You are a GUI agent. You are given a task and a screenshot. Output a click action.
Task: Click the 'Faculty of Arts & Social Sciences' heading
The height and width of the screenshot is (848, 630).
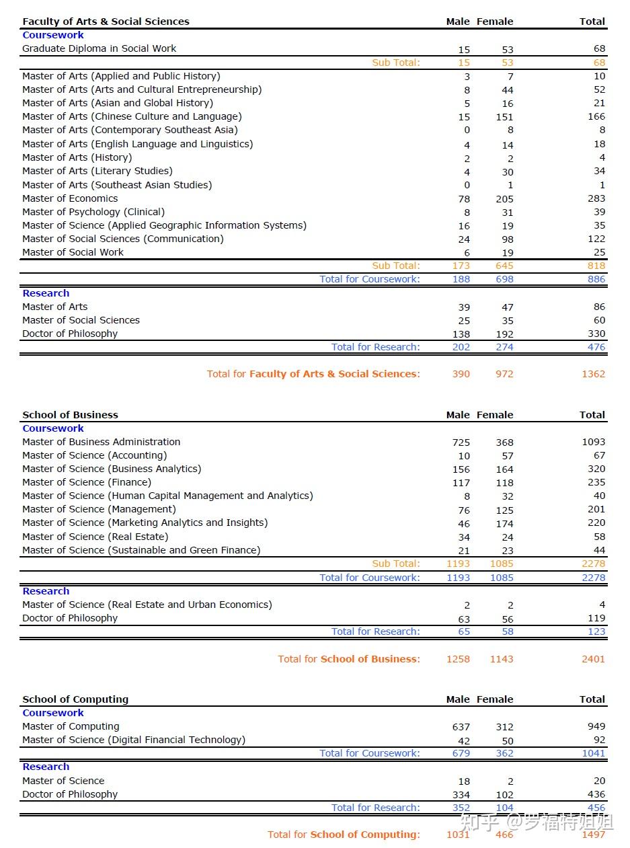click(x=106, y=22)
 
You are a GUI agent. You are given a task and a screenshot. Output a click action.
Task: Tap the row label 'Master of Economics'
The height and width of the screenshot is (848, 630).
click(x=70, y=198)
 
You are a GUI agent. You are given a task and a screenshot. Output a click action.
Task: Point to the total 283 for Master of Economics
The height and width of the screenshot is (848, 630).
click(x=596, y=198)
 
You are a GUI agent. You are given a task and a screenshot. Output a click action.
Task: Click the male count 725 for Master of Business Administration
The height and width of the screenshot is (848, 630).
click(x=461, y=442)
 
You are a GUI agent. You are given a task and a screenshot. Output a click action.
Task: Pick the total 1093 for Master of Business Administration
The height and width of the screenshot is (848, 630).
click(x=593, y=442)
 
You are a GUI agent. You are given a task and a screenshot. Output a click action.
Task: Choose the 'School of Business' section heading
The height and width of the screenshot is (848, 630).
click(x=70, y=415)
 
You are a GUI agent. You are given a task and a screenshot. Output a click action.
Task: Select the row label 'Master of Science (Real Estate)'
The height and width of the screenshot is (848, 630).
click(x=95, y=537)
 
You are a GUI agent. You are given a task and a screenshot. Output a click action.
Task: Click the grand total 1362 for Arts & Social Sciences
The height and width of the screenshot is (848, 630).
click(x=593, y=374)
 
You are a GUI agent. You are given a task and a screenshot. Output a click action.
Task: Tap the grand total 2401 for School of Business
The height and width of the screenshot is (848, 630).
click(x=593, y=659)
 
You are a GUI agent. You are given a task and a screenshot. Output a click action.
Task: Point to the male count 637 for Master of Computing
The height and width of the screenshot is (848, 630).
click(x=461, y=727)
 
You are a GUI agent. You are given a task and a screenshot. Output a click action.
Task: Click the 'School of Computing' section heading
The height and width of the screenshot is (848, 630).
click(x=75, y=699)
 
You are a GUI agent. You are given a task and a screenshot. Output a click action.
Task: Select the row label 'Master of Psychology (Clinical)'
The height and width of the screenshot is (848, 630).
click(x=93, y=212)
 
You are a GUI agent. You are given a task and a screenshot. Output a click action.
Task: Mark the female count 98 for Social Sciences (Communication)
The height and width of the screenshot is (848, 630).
click(x=507, y=239)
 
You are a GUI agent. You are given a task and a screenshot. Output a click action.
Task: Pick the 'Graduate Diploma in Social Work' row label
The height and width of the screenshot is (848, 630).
click(x=100, y=48)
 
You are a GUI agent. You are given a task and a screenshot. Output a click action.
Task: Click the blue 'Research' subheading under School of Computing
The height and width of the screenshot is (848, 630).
click(x=46, y=767)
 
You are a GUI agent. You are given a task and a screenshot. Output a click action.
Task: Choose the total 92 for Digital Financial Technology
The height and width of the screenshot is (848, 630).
click(x=599, y=740)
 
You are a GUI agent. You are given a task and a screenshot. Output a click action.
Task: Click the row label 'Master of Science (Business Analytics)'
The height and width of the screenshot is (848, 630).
click(x=112, y=469)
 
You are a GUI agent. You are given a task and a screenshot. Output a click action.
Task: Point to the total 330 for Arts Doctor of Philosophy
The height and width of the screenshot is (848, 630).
click(x=596, y=334)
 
